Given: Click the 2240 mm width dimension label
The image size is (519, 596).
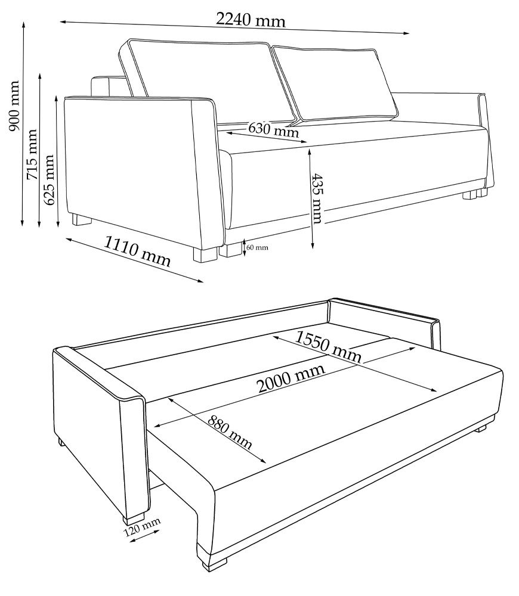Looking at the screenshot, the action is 251,20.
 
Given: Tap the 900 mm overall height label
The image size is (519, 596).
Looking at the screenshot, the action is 14,105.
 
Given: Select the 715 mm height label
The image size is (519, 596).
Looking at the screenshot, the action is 31,154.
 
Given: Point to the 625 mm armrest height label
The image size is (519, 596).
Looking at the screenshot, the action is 49,180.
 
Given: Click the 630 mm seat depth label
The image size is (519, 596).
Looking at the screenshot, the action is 274,130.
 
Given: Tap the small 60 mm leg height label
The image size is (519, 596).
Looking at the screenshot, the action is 257,247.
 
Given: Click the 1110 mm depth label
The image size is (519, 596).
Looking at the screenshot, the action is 137,251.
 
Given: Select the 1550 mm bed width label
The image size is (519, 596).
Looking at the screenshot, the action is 328,346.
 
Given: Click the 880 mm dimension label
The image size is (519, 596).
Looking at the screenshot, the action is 230,432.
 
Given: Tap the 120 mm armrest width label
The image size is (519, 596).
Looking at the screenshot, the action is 141,527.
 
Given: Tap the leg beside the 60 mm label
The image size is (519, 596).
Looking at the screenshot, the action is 230,250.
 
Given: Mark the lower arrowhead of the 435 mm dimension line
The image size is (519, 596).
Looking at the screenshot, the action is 313,245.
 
